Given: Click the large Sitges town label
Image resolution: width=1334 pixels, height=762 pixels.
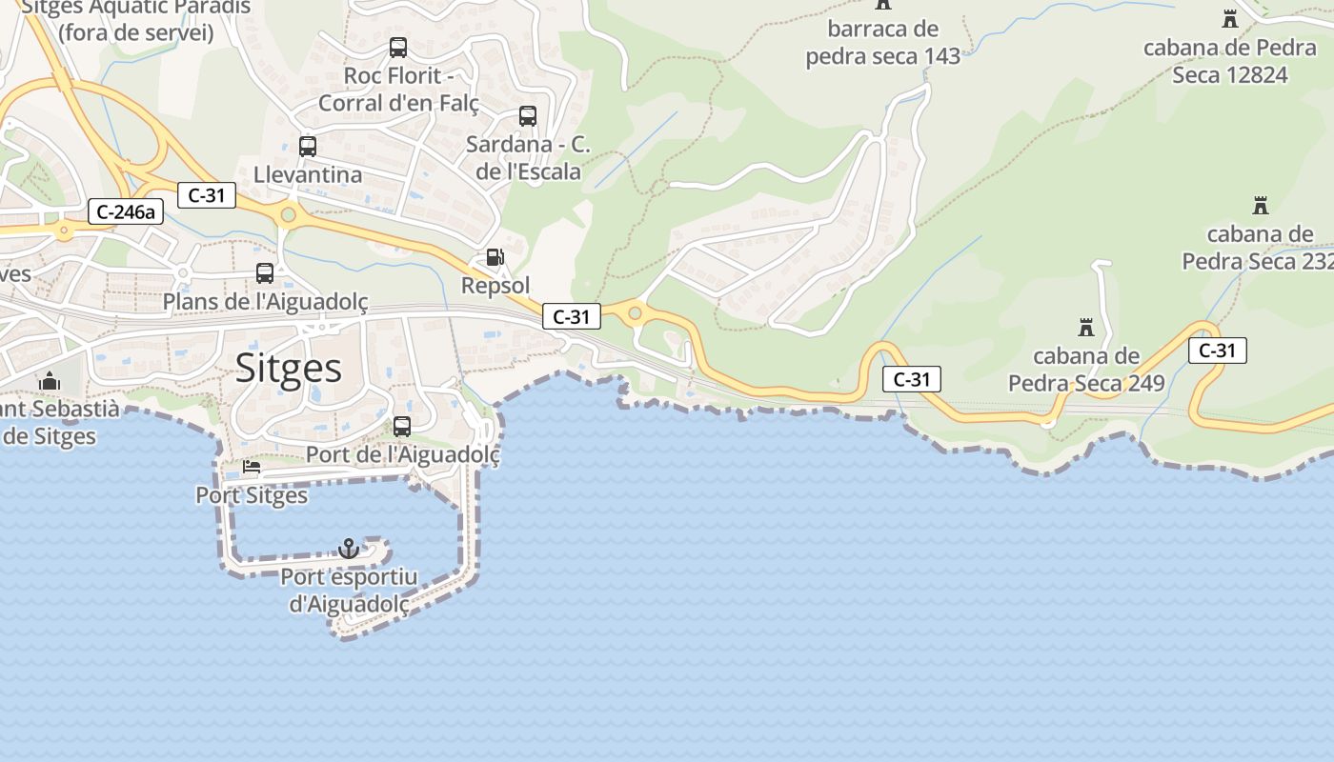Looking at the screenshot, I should click(288, 368).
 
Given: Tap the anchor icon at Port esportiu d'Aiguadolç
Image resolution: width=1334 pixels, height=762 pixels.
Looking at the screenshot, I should click(349, 549).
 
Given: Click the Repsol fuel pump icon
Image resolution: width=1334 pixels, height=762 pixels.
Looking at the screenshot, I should click(495, 257).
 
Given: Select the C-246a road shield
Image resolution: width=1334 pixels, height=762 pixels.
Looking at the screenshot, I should click(126, 211).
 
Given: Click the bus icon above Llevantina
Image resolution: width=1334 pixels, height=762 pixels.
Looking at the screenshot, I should click(307, 147).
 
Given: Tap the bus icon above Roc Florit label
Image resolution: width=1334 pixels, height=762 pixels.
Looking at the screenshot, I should click(398, 48).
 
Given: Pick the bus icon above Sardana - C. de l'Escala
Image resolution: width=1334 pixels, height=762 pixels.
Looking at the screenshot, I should click(527, 116).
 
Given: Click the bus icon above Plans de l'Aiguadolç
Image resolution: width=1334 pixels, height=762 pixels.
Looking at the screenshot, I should click(265, 273).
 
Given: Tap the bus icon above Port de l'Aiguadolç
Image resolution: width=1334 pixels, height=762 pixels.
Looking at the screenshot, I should click(402, 427).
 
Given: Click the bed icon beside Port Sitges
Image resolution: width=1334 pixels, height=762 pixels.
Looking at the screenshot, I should click(252, 467).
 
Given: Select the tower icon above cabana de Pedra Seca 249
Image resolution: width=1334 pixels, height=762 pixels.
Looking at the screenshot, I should click(1085, 328).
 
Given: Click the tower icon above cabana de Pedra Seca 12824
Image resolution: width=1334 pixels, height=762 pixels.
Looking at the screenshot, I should click(1230, 18).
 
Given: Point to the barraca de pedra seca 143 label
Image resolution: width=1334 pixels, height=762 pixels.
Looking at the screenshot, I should click(883, 43).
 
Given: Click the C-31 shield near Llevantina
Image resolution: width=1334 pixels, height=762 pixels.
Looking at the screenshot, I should click(206, 195).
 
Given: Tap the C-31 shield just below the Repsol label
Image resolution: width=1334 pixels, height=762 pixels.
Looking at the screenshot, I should click(571, 316).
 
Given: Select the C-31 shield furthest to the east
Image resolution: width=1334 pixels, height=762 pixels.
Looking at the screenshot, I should click(1217, 351).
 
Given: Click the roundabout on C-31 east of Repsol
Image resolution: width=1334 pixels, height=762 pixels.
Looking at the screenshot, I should click(635, 312).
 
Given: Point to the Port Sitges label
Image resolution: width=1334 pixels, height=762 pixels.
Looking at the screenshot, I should click(252, 495).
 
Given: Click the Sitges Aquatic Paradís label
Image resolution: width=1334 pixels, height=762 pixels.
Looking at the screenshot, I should click(135, 19).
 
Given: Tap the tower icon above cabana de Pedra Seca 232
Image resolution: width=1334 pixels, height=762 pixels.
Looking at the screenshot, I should click(1261, 205).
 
